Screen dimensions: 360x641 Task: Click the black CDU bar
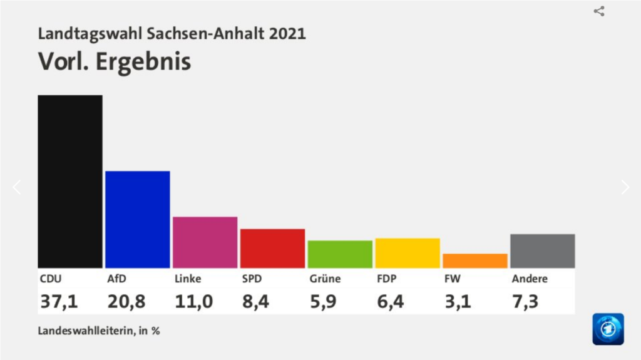point(70,182)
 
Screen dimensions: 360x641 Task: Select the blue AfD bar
point(138,219)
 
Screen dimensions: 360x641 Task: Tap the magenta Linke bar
point(205,242)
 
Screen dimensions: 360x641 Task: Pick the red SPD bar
point(272,248)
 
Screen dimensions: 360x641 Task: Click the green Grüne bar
point(340,254)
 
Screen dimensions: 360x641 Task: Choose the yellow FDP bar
point(408,253)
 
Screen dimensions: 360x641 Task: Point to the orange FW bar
point(474,260)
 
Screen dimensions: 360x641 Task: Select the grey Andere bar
point(542,251)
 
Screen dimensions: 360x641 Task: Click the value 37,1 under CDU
point(59,302)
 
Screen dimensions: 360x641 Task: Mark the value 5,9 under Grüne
point(324,302)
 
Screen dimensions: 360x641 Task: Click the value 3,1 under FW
point(458,302)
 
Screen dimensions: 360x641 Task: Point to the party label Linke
point(188,279)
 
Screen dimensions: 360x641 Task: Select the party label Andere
point(530,279)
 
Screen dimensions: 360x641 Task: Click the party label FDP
point(387,279)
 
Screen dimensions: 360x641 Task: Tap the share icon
point(599,11)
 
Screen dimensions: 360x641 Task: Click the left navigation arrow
point(17,187)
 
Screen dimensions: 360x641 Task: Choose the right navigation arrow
point(625,187)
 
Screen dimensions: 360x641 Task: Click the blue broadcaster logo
point(608,329)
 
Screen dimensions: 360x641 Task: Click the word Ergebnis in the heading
point(143,62)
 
